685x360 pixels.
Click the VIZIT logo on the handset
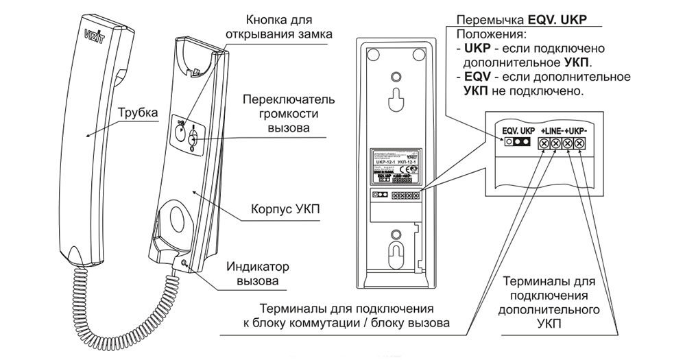pyautogui.click(x=93, y=33)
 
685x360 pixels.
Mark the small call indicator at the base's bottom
pyautogui.click(x=184, y=260)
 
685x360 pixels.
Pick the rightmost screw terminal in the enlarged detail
pyautogui.click(x=581, y=143)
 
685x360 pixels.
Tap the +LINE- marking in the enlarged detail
pyautogui.click(x=552, y=130)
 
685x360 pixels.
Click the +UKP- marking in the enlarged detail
pyautogui.click(x=578, y=130)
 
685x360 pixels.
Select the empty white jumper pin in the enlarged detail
pyautogui.click(x=508, y=143)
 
